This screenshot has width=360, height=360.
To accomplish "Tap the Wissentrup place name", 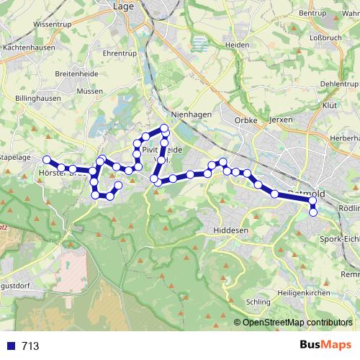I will (53, 24).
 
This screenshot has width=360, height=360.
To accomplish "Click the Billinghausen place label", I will (37, 99).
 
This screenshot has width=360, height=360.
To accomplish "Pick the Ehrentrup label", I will (120, 53).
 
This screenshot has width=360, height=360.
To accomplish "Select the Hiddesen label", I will (230, 230).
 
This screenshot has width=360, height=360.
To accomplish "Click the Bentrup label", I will (312, 13).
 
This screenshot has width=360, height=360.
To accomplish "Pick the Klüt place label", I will (330, 105).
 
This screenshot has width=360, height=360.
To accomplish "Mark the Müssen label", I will (89, 92).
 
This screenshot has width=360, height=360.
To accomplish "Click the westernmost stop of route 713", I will (47, 160).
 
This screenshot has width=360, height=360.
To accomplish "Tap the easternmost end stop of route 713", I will (313, 212).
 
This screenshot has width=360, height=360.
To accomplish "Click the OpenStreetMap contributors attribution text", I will (298, 322).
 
